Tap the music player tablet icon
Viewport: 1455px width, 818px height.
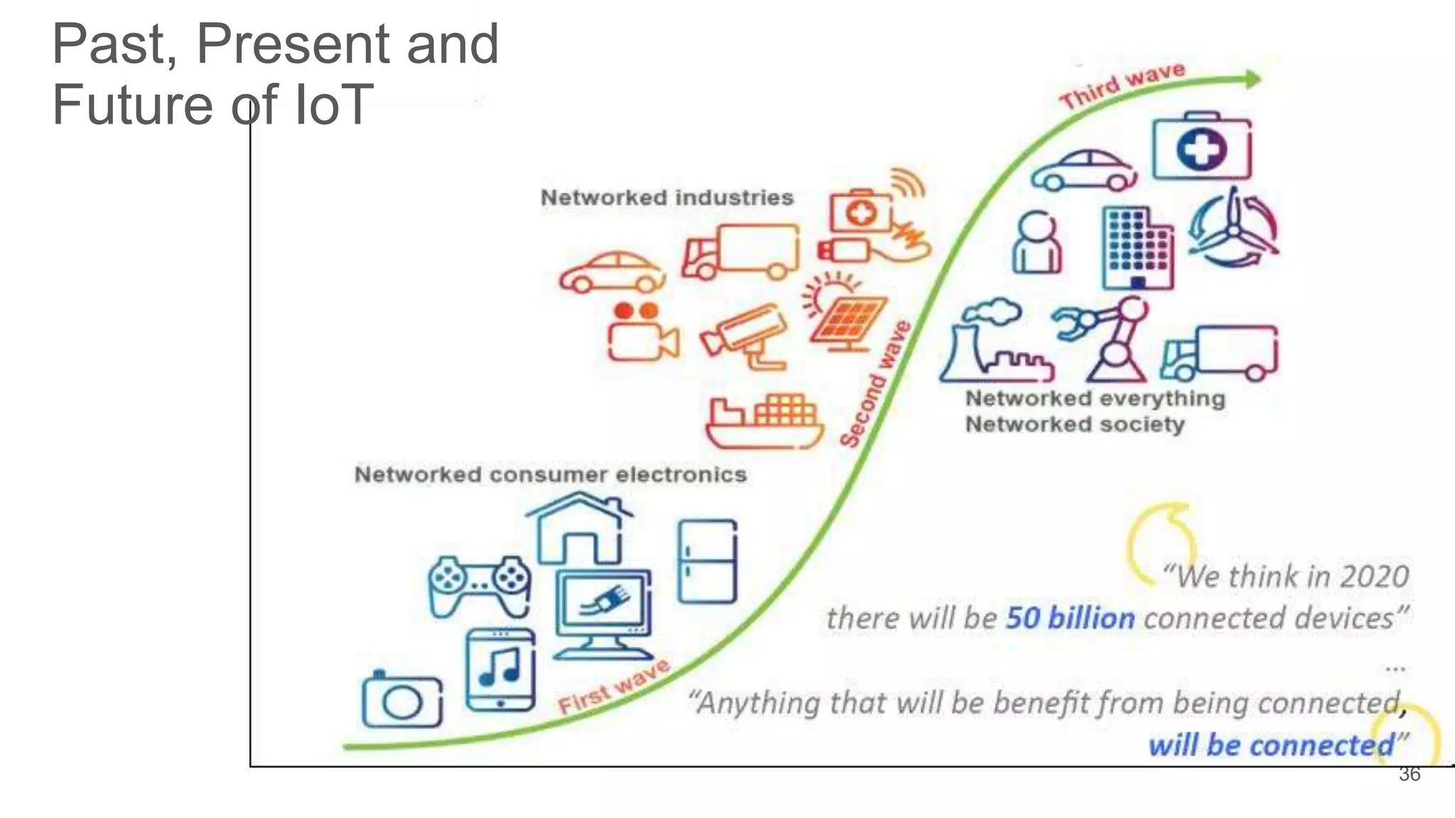click(x=500, y=670)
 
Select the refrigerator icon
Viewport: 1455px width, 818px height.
click(x=707, y=561)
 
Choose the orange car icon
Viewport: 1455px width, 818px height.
click(x=612, y=272)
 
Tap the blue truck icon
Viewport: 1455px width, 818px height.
click(x=1219, y=353)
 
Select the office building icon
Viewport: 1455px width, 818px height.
click(x=1137, y=248)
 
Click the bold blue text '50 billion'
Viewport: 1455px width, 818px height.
click(x=1070, y=618)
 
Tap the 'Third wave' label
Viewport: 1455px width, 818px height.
click(x=1122, y=84)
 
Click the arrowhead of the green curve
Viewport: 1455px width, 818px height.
click(x=1253, y=79)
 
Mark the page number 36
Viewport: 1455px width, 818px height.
click(x=1410, y=775)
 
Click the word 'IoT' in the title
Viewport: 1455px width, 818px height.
click(x=332, y=104)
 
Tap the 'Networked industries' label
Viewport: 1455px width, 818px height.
click(x=666, y=197)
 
